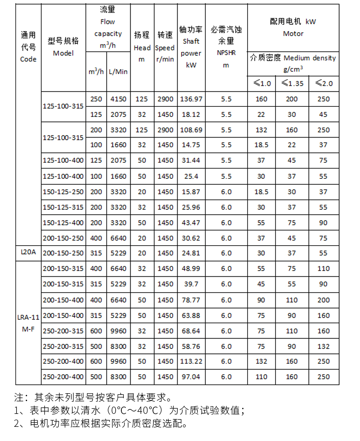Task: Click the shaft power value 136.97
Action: [x=191, y=99]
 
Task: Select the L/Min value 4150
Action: [x=119, y=99]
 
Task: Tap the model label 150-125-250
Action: [x=63, y=192]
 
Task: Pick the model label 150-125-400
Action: [x=63, y=223]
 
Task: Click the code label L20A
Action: [x=28, y=252]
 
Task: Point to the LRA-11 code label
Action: [x=28, y=318]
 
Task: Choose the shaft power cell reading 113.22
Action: [x=191, y=361]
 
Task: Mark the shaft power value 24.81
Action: [x=191, y=253]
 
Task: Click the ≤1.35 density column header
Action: [x=292, y=83]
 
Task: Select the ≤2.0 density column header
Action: [x=324, y=83]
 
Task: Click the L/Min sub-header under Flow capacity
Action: [x=118, y=72]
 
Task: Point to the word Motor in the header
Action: [x=293, y=34]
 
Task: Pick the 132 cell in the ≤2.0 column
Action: [x=324, y=346]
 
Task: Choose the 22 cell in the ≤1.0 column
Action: [x=261, y=114]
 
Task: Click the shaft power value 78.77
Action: [x=191, y=300]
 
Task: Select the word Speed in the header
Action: [x=165, y=48]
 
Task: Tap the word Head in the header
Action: [x=142, y=48]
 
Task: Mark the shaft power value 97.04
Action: [x=191, y=377]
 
